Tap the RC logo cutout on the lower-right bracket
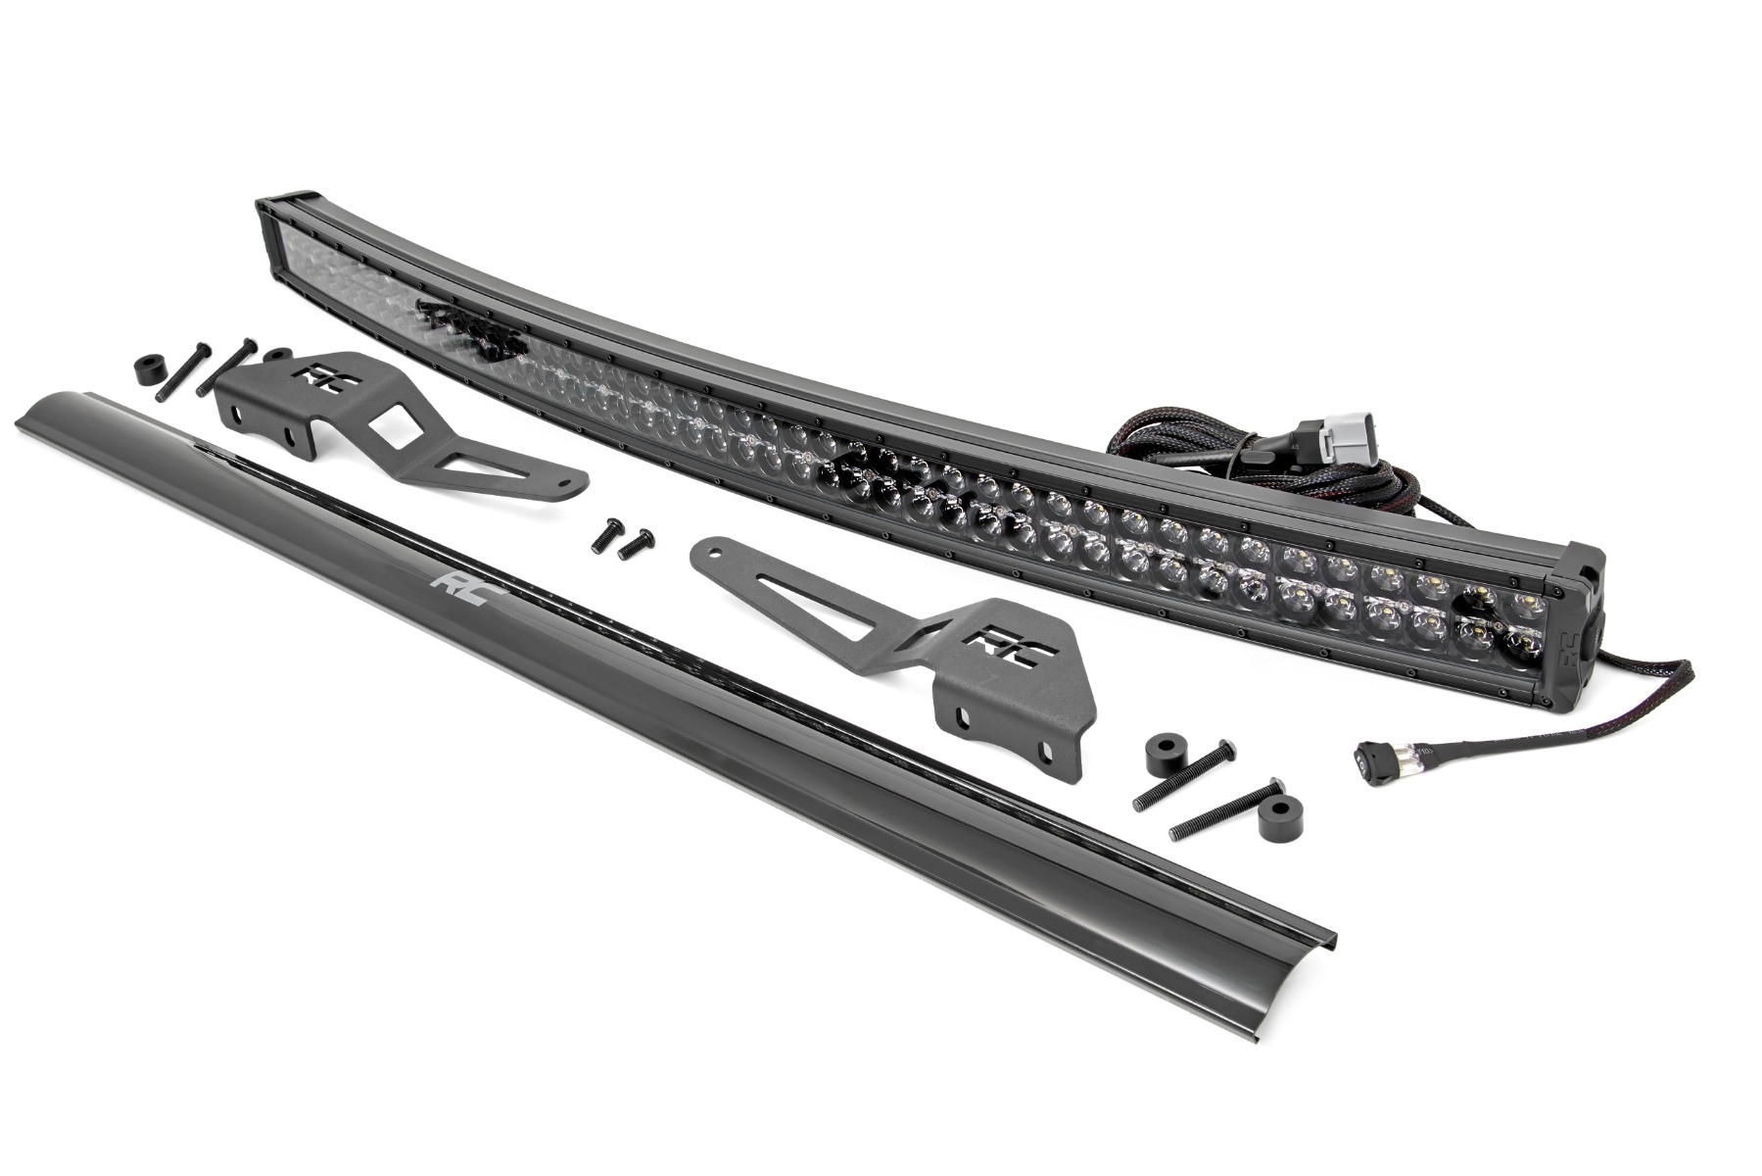[995, 646]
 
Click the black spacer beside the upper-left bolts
[147, 376]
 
